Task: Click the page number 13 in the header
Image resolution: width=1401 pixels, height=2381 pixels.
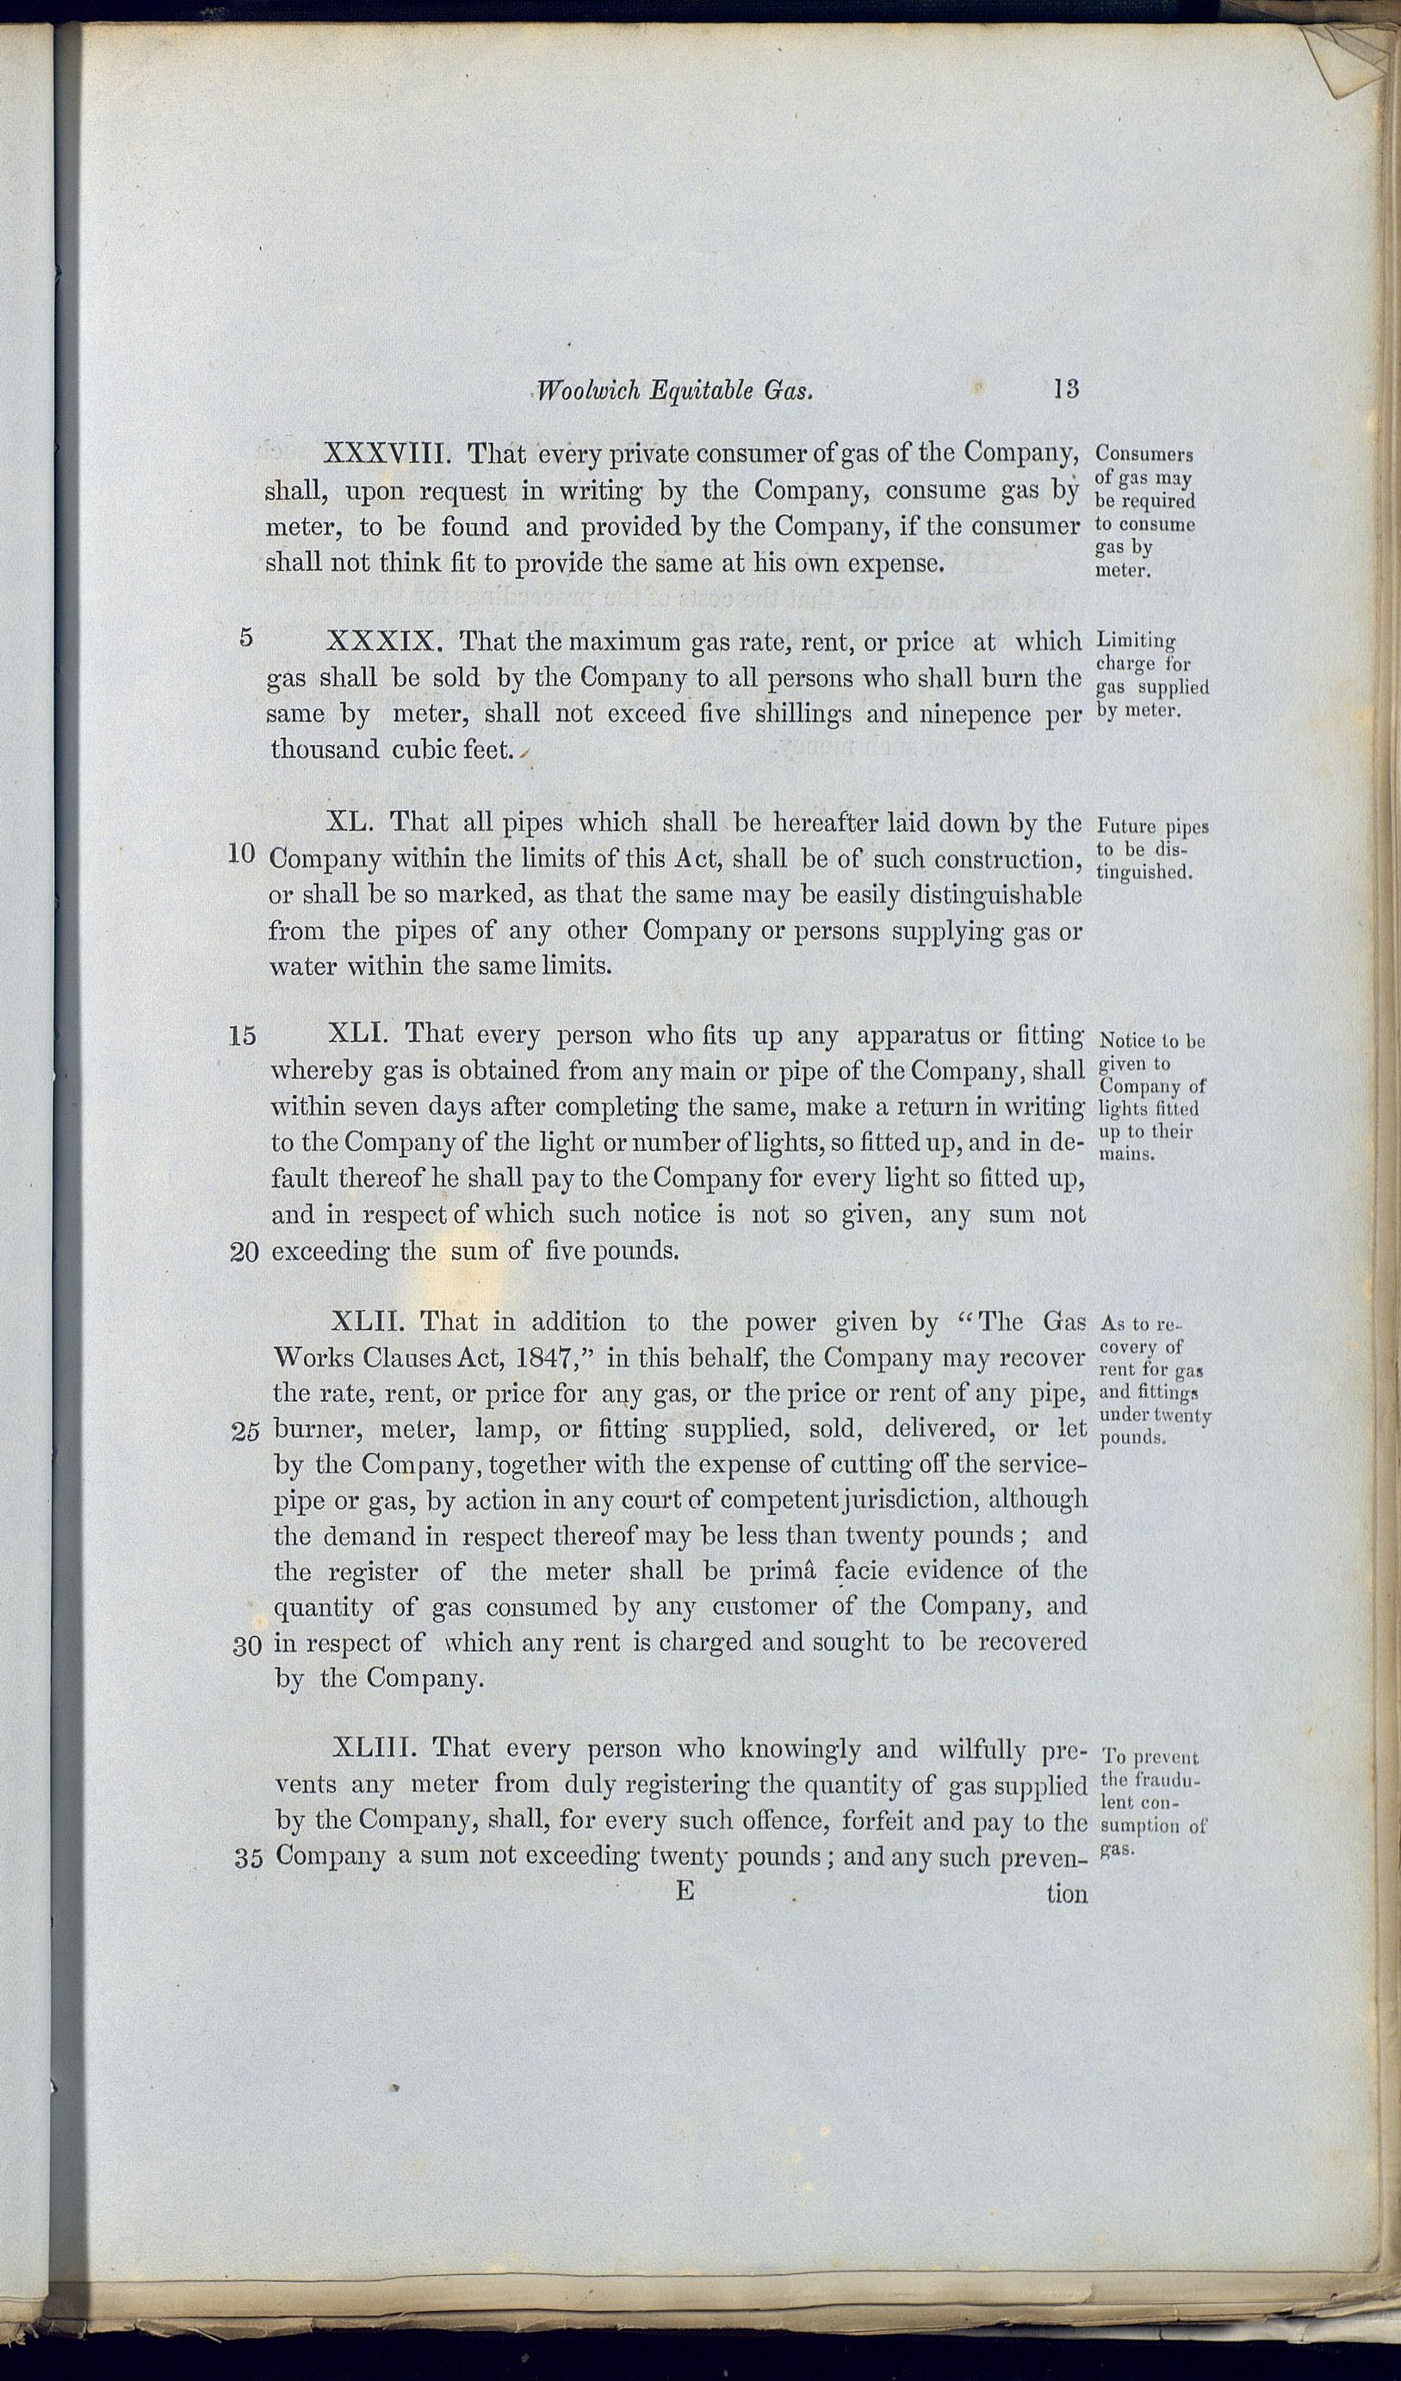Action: click(1064, 389)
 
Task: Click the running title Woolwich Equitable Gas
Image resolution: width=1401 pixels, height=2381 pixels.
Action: click(674, 390)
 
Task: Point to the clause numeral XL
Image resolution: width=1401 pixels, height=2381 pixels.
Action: click(350, 821)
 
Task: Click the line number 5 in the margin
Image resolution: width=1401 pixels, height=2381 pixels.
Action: click(245, 637)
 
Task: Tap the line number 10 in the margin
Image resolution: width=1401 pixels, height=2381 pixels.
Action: click(242, 855)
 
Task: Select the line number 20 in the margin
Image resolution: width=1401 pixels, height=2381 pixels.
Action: click(245, 1253)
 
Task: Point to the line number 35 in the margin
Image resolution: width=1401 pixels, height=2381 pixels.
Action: click(247, 1857)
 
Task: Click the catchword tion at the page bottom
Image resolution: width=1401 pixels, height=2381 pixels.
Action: click(1067, 1893)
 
